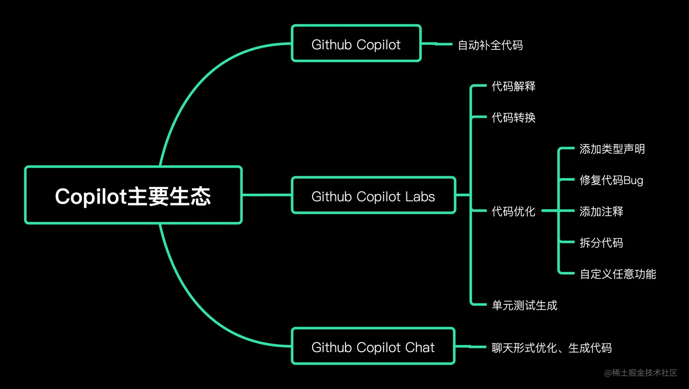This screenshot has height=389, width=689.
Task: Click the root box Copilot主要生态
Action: pos(133,195)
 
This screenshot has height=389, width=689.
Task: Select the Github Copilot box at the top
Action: pos(356,44)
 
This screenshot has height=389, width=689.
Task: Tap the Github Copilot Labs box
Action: pos(373,196)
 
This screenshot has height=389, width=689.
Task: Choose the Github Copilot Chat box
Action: pos(373,347)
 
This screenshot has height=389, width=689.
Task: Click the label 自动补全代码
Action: pos(490,45)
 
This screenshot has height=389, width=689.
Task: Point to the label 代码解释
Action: pos(513,86)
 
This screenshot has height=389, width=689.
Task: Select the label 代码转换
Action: pos(513,118)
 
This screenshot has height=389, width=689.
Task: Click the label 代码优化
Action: pos(513,211)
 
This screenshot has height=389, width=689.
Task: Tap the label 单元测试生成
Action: pos(524,305)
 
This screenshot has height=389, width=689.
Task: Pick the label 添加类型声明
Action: pos(612,149)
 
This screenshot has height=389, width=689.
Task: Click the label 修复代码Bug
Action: pos(611,180)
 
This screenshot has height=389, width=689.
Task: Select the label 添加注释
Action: pos(601,211)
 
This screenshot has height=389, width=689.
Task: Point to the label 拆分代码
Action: pos(601,243)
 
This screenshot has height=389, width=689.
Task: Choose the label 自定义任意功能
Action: pos(617,274)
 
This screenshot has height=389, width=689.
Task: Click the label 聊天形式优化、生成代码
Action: pos(551,348)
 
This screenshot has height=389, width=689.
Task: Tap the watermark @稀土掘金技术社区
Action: pos(640,373)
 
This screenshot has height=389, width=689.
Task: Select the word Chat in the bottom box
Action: pos(420,347)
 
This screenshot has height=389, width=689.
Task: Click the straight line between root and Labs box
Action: pos(267,195)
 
